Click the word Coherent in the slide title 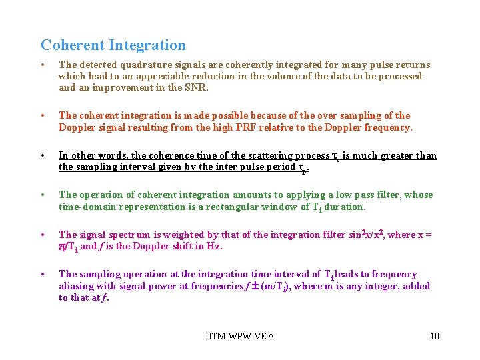[x=72, y=45]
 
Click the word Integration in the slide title [x=147, y=45]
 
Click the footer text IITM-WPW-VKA [x=240, y=335]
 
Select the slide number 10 [x=434, y=335]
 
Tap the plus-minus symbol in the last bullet [x=254, y=286]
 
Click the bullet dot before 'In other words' [x=43, y=155]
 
